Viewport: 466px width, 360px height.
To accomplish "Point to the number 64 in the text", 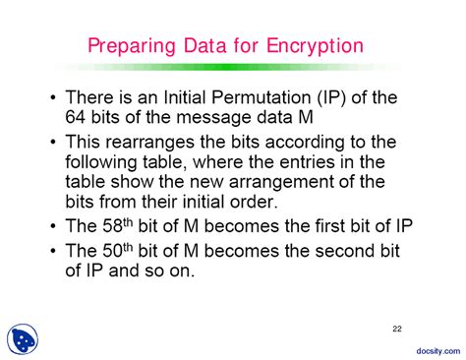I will click(77, 116).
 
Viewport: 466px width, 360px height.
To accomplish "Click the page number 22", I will click(396, 327).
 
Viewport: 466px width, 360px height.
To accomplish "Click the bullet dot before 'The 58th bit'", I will click(52, 226).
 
